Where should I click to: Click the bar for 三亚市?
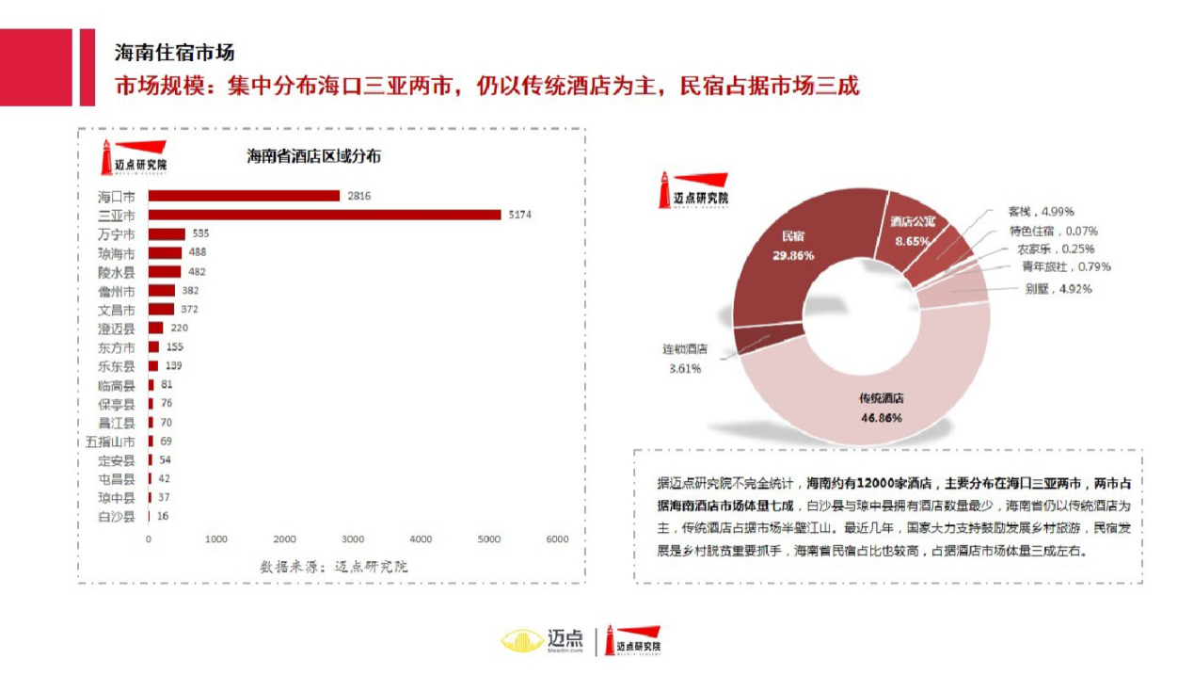(x=325, y=215)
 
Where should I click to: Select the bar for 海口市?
(x=244, y=196)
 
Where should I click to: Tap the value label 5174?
(x=520, y=215)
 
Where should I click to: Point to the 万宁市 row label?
(x=117, y=234)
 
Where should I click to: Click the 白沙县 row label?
(x=117, y=517)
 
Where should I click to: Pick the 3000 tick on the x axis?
(x=353, y=539)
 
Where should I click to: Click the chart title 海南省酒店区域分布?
(x=314, y=156)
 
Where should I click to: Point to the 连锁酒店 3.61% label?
(x=684, y=358)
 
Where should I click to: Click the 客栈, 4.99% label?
(x=1041, y=212)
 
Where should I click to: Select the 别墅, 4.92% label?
(x=1059, y=289)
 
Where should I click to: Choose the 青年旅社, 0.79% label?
(x=1065, y=266)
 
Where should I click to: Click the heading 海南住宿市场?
(x=174, y=52)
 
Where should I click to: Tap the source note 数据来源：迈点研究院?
(x=334, y=566)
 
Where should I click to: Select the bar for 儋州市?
(x=162, y=291)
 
